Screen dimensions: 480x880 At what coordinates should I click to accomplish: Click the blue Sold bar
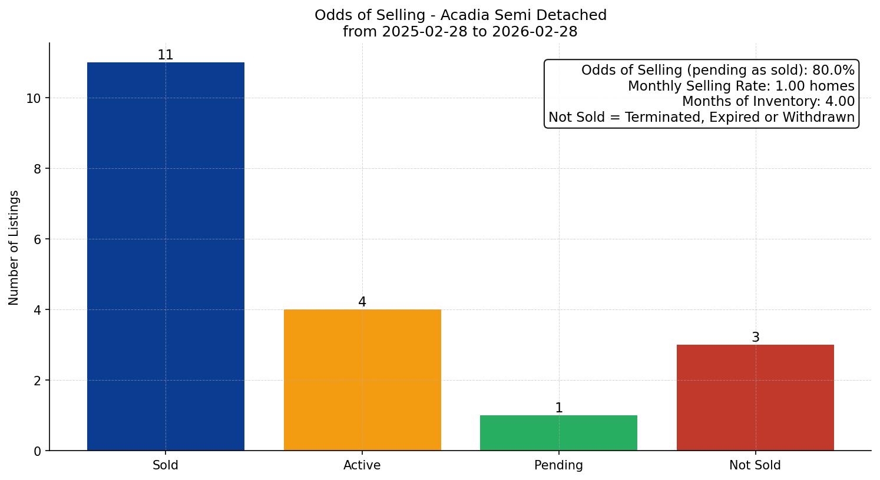[x=166, y=256]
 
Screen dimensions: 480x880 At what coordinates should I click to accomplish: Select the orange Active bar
[x=362, y=380]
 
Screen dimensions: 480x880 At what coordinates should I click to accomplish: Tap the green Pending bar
[x=558, y=433]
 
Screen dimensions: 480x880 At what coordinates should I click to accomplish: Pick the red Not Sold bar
[x=755, y=398]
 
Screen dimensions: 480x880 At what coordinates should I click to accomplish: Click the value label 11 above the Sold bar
[x=166, y=55]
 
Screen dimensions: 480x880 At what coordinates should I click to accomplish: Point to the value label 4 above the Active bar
[x=362, y=302]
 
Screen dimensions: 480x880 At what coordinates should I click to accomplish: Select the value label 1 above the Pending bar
[x=559, y=408]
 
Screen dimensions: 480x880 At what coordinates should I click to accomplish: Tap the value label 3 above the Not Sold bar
[x=756, y=338]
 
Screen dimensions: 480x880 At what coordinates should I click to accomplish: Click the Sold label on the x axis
[x=166, y=465]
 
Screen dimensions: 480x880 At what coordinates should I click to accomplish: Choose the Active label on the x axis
[x=362, y=465]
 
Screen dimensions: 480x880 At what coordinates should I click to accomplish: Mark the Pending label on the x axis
[x=558, y=465]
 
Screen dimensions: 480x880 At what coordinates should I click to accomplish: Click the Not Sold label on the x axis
[x=755, y=465]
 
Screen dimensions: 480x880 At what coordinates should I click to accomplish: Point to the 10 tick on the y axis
[x=34, y=98]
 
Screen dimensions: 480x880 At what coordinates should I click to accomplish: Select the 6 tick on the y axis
[x=38, y=239]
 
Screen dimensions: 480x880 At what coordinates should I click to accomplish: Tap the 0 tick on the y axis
[x=38, y=451]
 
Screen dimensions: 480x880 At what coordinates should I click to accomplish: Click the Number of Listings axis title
[x=14, y=247]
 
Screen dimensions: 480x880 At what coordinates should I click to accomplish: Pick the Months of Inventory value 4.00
[x=839, y=102]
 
